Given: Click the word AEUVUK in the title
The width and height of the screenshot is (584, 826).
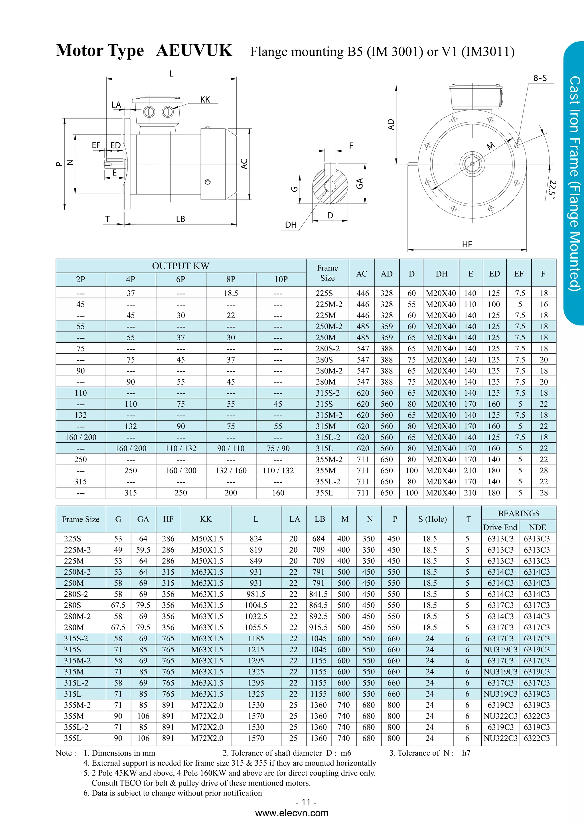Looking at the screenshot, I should tap(194, 50).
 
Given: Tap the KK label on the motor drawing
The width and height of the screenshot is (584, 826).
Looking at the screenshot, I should tap(205, 100).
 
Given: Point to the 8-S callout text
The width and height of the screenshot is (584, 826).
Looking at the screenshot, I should tap(540, 78).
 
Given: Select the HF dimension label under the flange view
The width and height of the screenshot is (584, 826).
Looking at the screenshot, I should tap(467, 245).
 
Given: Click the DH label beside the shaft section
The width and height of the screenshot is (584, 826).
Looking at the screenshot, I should tap(291, 225).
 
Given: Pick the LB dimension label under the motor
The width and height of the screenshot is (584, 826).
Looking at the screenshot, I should tap(180, 219).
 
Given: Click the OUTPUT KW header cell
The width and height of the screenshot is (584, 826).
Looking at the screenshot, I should tap(181, 266).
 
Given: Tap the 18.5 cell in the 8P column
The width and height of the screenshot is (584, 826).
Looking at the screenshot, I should tap(231, 293).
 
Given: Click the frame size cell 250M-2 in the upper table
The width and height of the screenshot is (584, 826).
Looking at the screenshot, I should tap(329, 326).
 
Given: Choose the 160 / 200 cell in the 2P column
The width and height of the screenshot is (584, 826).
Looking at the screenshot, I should tap(81, 437).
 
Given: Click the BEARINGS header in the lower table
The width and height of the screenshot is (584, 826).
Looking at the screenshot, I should tap(518, 513).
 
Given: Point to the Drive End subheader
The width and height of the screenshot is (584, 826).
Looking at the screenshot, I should tap(500, 527).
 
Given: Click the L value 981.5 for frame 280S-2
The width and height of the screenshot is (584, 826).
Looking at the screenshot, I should tap(256, 594).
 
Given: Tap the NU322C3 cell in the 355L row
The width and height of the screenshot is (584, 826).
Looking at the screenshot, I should tap(500, 738).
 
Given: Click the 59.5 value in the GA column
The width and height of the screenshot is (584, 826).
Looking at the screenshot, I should tap(143, 550).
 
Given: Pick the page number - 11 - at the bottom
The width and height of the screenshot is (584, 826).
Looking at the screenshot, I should tap(306, 802).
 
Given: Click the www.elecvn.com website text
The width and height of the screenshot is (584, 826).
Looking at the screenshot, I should tap(292, 813).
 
